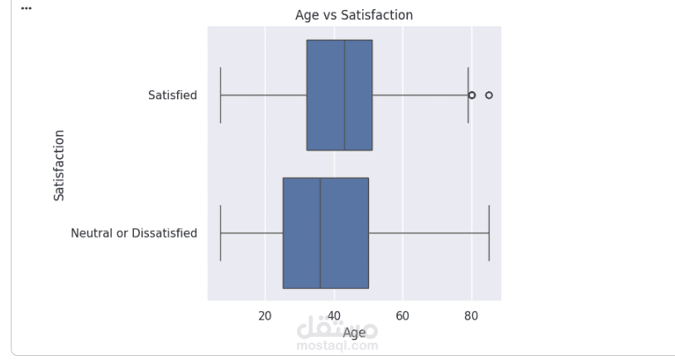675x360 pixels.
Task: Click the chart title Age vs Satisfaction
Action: (354, 15)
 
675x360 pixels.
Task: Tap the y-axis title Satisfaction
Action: (59, 164)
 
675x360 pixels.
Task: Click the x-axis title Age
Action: (354, 333)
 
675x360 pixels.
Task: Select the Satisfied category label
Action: (173, 95)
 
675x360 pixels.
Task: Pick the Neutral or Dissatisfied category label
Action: (134, 233)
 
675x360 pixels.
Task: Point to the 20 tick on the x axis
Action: (265, 315)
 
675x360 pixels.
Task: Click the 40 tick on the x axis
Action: (333, 315)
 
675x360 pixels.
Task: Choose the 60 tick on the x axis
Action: (403, 315)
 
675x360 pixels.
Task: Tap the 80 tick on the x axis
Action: (472, 315)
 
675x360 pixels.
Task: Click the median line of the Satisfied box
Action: (344, 95)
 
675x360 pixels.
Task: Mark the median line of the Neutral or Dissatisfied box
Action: (320, 233)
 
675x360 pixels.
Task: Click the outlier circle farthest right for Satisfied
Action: (489, 95)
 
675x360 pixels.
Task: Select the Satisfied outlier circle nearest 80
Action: (472, 95)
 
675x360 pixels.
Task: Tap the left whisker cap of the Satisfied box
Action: (220, 95)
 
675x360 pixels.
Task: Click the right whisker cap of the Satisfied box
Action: (468, 95)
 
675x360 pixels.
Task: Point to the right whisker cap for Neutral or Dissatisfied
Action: (489, 233)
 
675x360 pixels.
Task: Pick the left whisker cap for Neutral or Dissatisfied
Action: (220, 233)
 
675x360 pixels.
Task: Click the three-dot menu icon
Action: (26, 8)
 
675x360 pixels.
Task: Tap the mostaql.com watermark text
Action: (337, 346)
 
